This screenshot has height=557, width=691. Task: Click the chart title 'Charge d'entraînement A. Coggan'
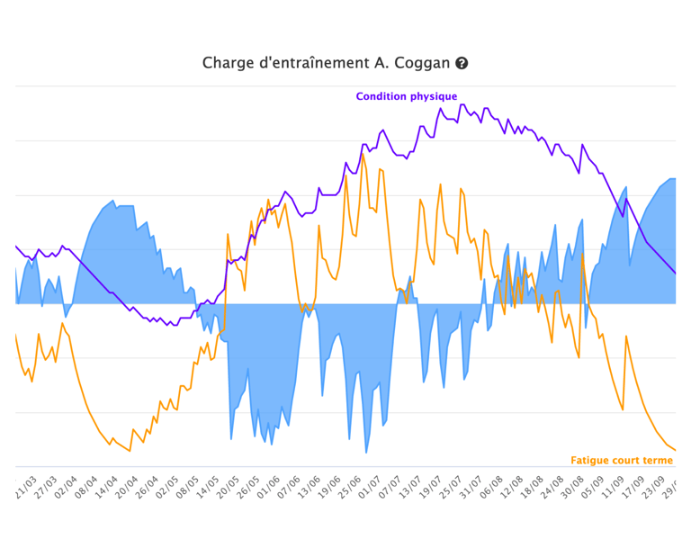326,63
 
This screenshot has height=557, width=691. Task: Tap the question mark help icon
462,63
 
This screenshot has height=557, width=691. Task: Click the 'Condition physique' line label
406,96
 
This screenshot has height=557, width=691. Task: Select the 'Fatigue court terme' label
622,460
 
